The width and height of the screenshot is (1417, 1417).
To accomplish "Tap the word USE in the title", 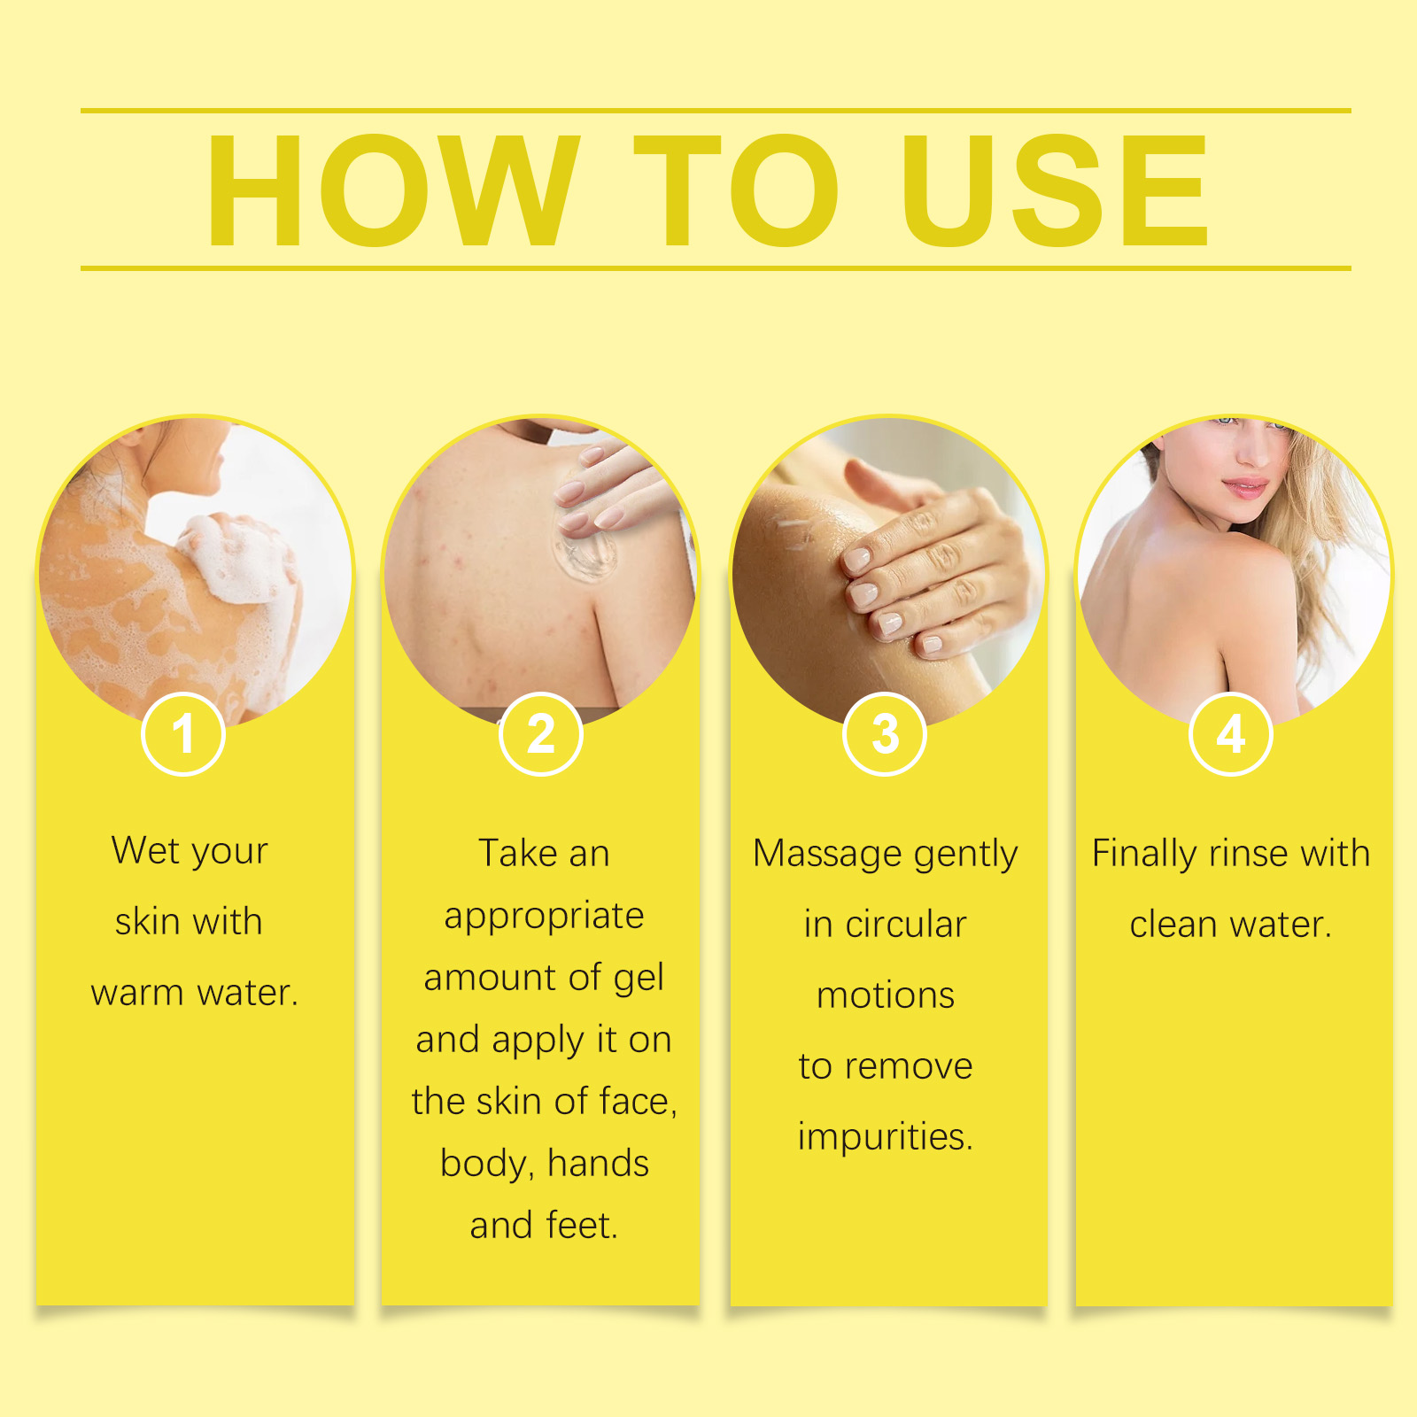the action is [1055, 190].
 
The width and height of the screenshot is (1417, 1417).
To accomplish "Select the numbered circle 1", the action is [183, 734].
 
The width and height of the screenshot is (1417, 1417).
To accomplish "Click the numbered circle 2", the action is [540, 734].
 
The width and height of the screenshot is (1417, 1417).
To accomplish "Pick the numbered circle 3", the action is [885, 734].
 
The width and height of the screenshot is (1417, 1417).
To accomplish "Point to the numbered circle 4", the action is [1231, 734].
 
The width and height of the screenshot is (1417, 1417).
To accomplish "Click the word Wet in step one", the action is [146, 850].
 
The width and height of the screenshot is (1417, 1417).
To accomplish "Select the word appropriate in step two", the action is [544, 917].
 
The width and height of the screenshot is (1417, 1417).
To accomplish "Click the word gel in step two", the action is [639, 979].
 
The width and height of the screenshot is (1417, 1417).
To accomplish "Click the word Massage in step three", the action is [827, 855].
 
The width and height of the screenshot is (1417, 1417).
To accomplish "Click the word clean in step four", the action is [1174, 925].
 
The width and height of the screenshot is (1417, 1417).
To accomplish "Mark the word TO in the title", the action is [735, 190].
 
